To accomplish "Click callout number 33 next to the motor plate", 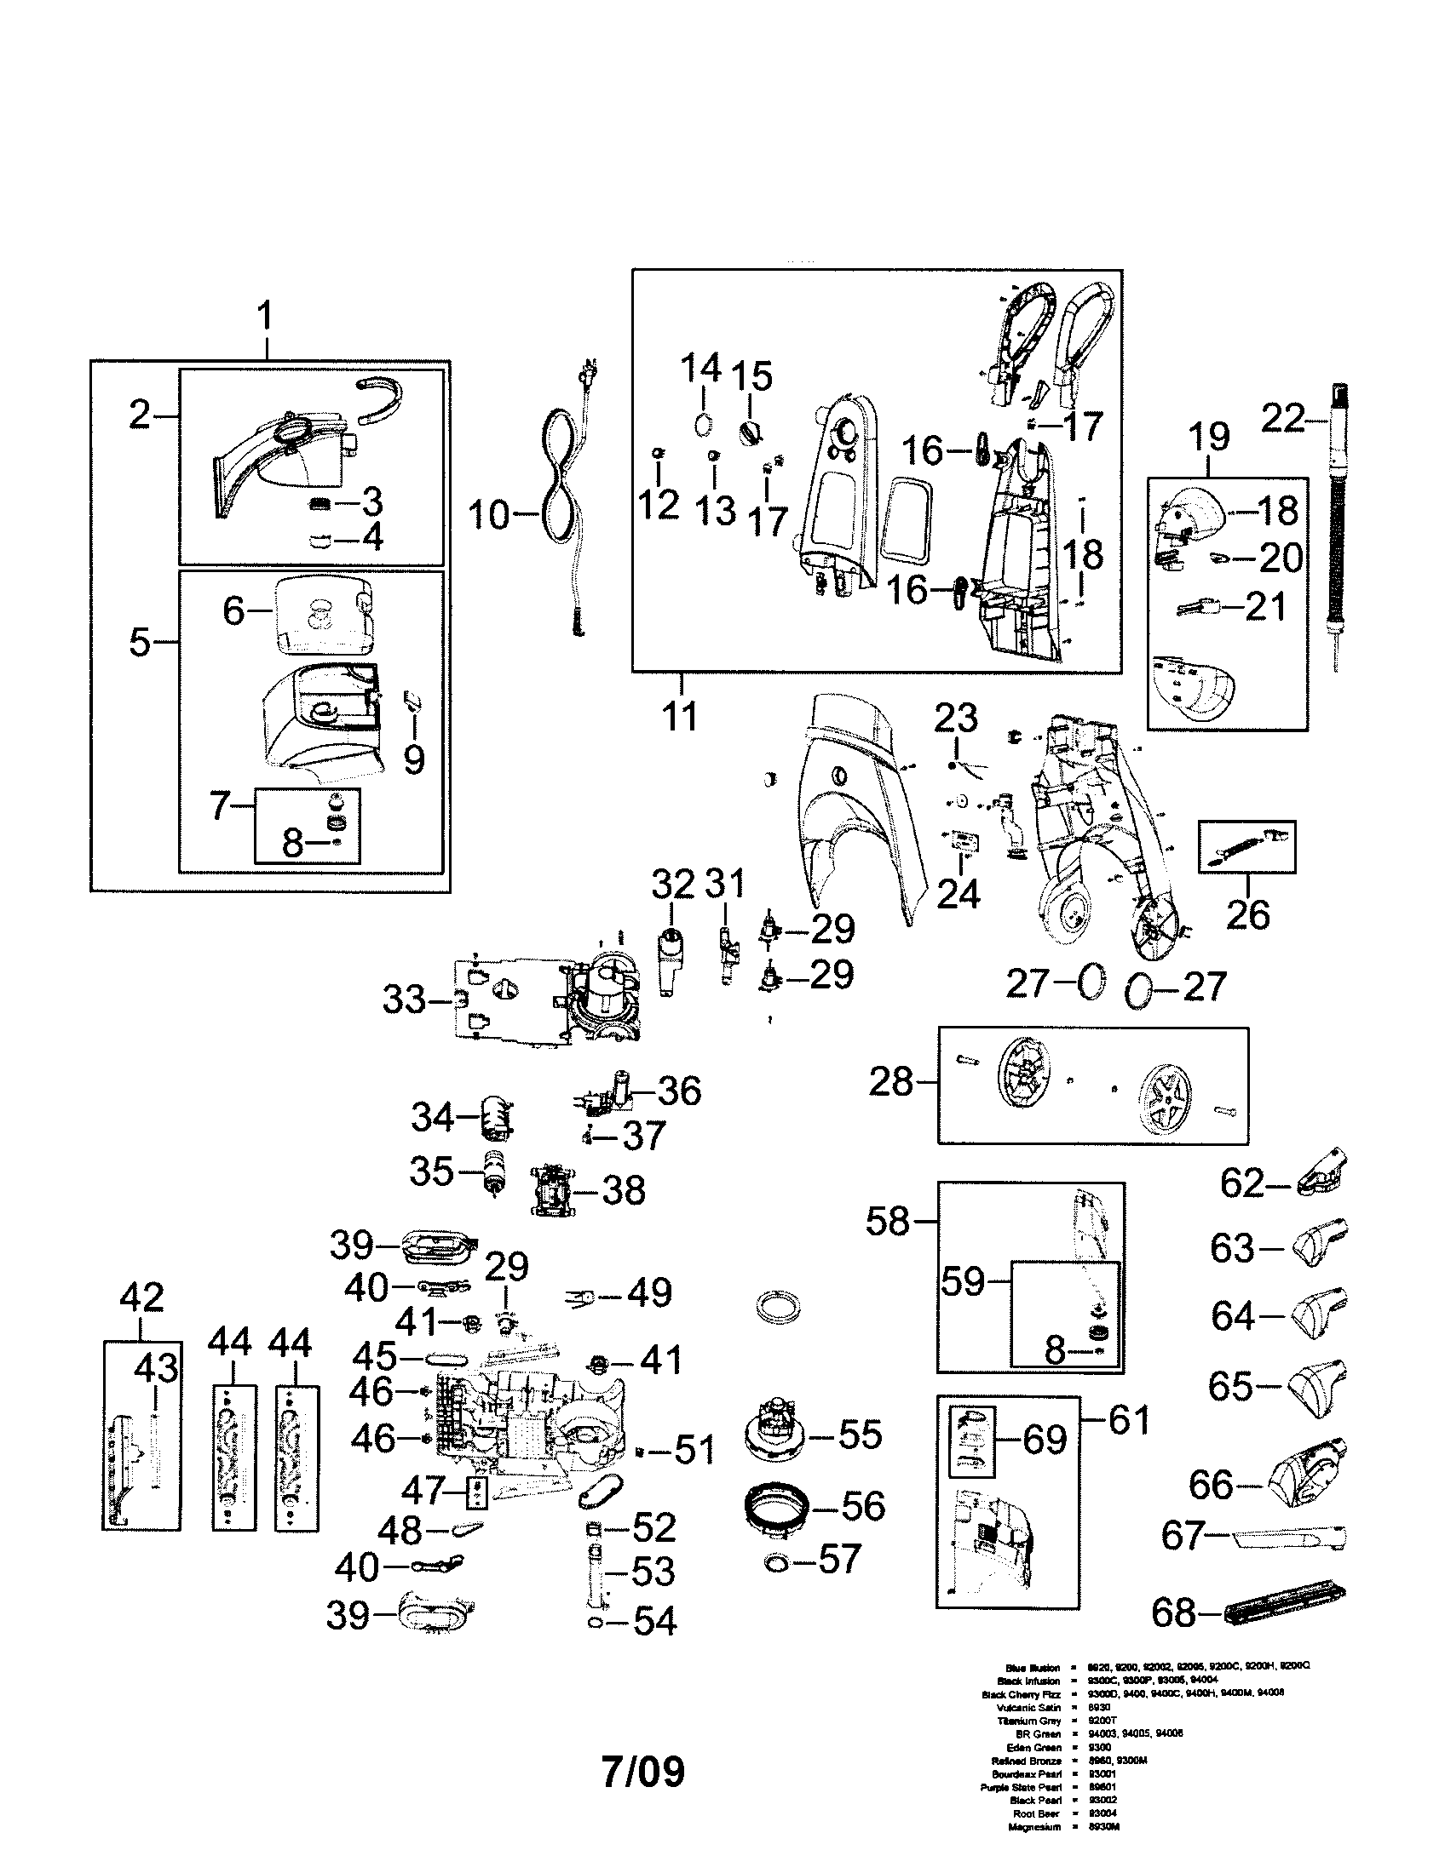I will pyautogui.click(x=403, y=1000).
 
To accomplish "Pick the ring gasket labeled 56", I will pyautogui.click(x=776, y=1506).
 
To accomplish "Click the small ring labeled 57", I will pyautogui.click(x=776, y=1563).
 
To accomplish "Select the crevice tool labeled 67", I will pyautogui.click(x=1287, y=1538).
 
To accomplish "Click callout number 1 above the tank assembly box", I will pyautogui.click(x=265, y=316).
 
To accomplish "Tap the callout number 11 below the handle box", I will pyautogui.click(x=680, y=716).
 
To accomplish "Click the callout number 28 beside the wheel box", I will pyautogui.click(x=890, y=1081).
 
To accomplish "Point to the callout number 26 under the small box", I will pyautogui.click(x=1246, y=915).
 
